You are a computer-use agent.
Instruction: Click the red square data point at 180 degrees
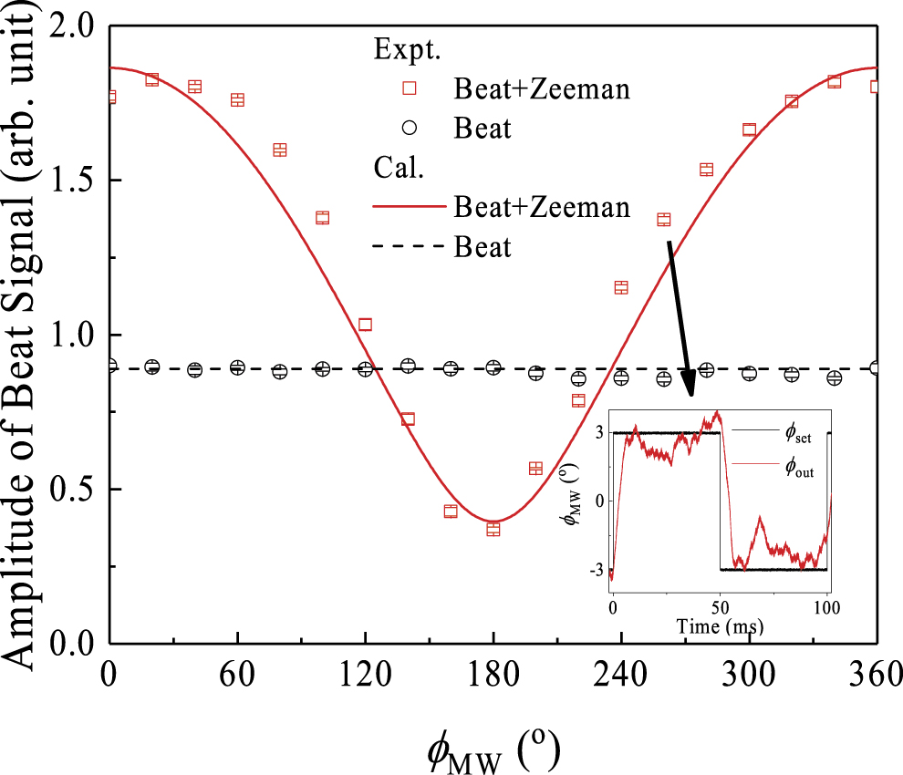coord(493,529)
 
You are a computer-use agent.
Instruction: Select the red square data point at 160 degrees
coord(451,511)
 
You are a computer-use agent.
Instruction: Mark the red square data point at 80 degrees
coord(280,150)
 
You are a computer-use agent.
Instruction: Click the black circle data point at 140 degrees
coord(408,366)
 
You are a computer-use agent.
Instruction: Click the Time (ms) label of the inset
coord(720,626)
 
